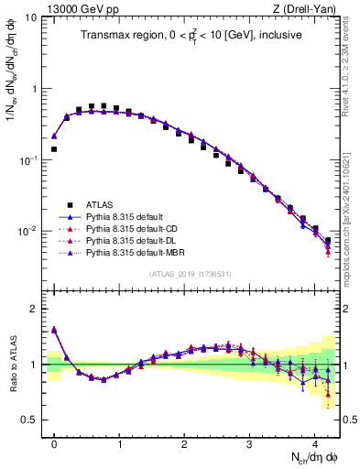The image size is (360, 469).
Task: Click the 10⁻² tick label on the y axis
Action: click(x=27, y=231)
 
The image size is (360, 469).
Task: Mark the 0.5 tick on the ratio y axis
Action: click(x=29, y=420)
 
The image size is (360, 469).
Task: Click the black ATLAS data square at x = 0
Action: click(x=54, y=148)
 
